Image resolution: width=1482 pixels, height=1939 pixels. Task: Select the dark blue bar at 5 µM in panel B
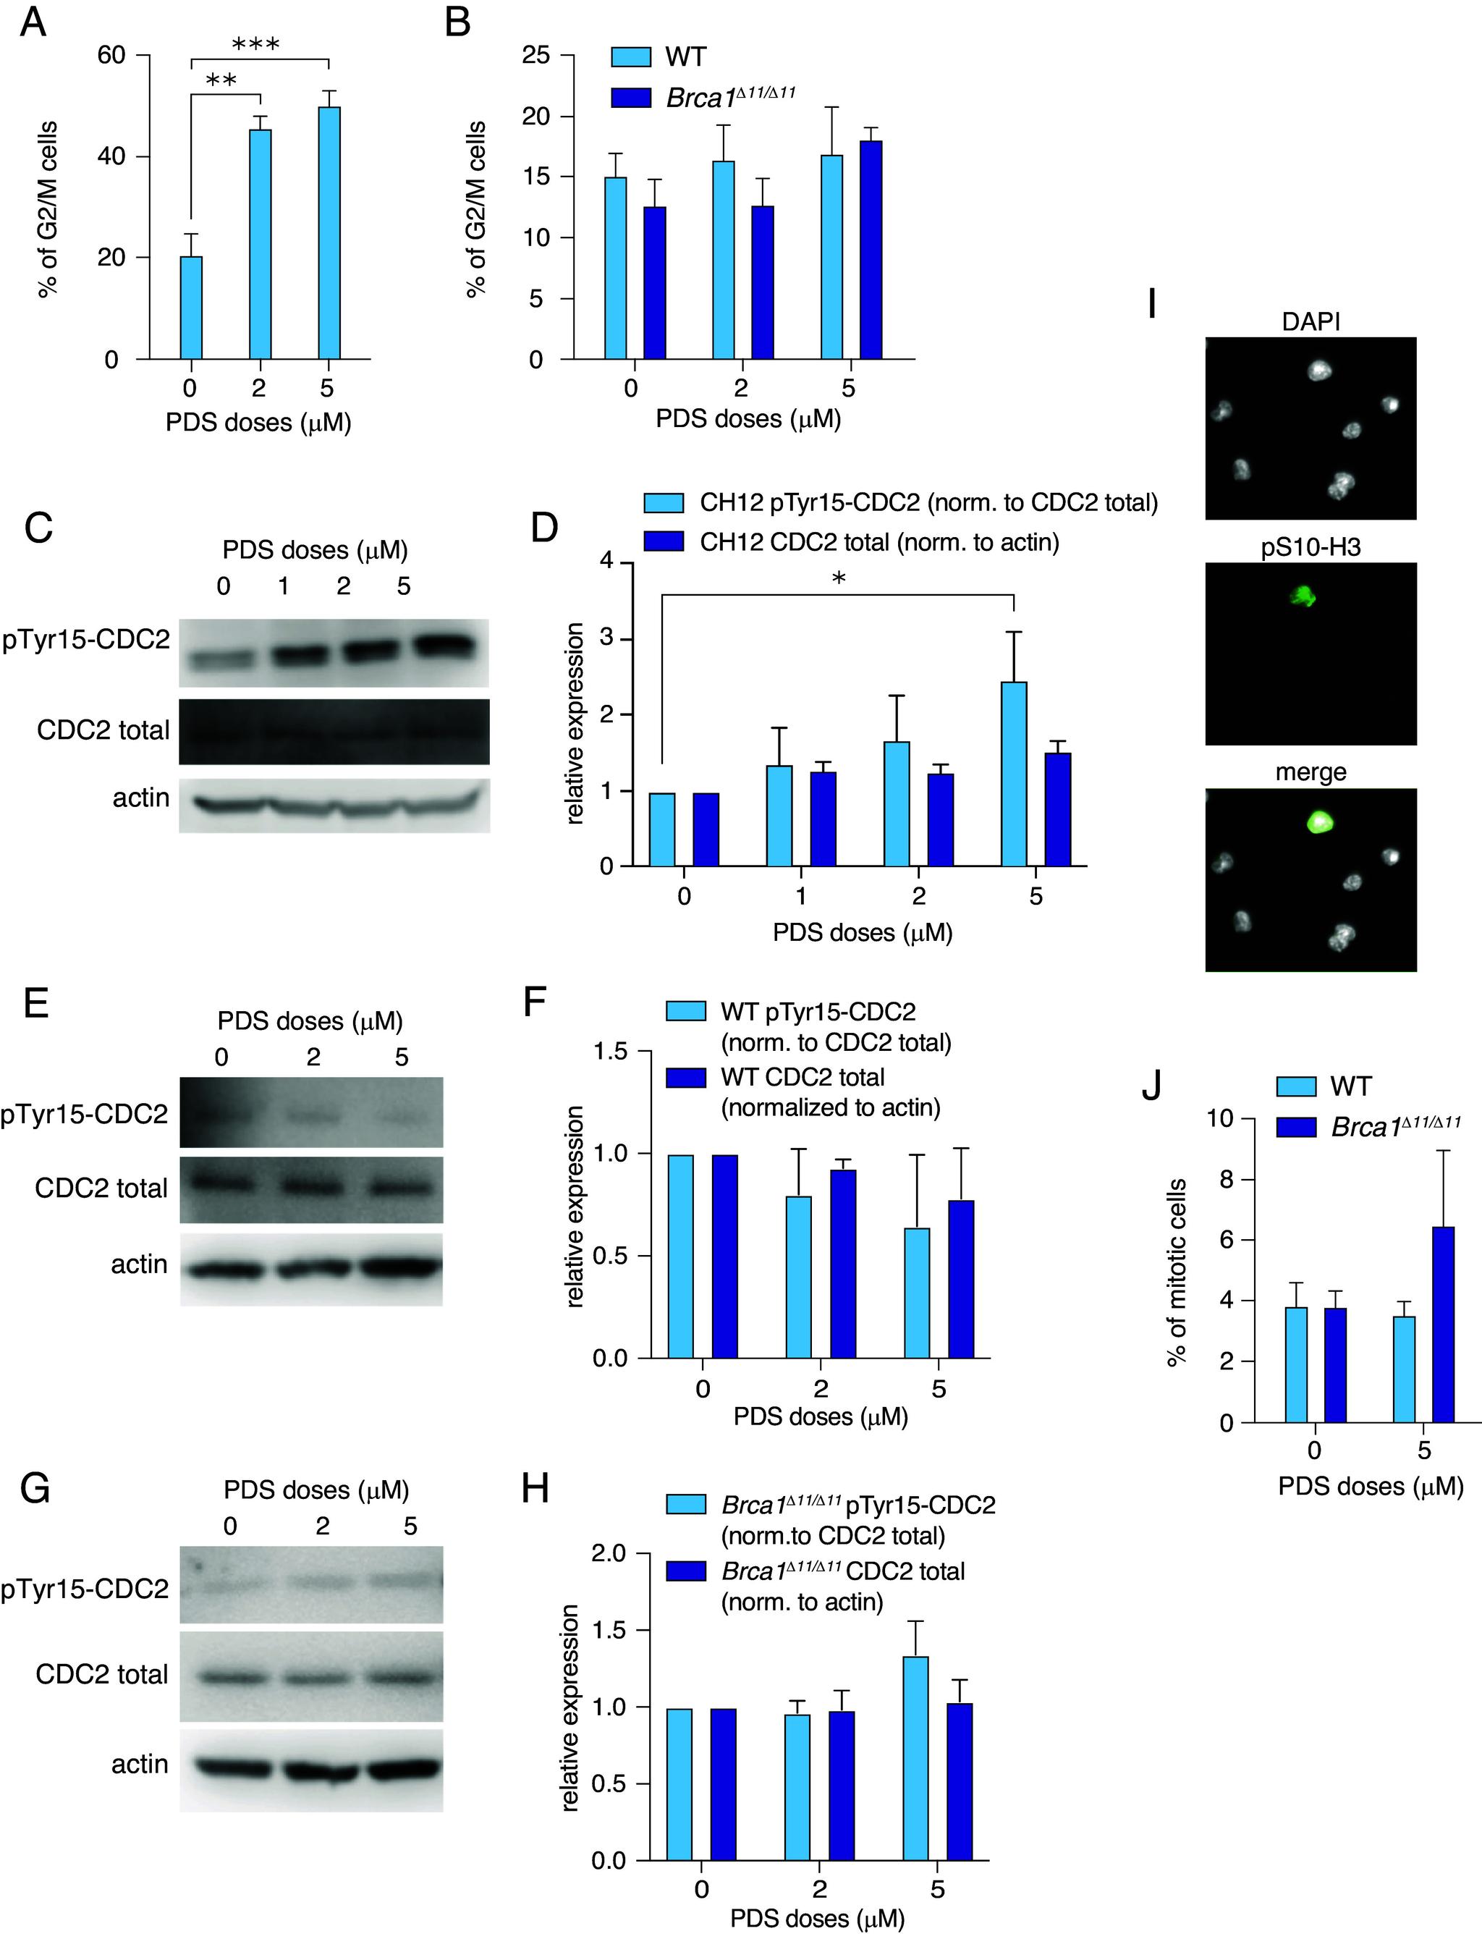[x=871, y=250]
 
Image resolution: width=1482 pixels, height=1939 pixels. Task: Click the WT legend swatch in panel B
[x=631, y=57]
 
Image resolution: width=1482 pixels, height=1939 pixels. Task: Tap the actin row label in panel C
[x=141, y=798]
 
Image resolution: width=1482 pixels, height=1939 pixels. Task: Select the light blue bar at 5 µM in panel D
[x=1015, y=774]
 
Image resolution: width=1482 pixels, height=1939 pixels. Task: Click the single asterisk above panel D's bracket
[x=839, y=579]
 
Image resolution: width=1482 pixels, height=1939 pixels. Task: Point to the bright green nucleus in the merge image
[x=1320, y=823]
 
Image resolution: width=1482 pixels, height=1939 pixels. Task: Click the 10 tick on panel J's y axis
[x=1219, y=1118]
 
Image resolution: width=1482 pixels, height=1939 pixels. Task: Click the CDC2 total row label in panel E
[x=101, y=1188]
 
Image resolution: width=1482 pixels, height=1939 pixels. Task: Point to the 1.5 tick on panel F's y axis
[x=611, y=1052]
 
